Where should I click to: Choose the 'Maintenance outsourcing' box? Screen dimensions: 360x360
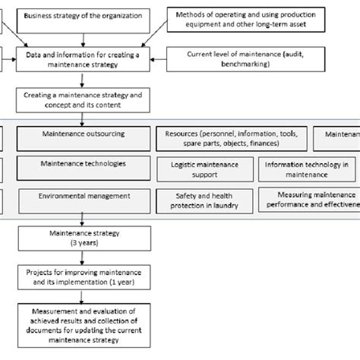tap(82, 134)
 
